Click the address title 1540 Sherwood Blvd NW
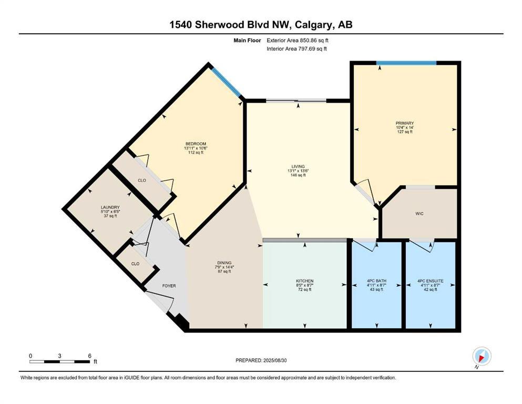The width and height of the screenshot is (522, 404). coord(261,25)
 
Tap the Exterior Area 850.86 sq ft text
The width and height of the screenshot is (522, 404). coord(300,40)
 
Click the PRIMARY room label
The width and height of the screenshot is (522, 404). coord(405,123)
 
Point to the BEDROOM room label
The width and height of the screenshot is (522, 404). coord(195,144)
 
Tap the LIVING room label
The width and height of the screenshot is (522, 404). coord(298,166)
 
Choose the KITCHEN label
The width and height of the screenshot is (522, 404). coord(304,281)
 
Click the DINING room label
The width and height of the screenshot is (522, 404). coord(224,263)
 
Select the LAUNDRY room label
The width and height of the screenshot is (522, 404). coord(110,207)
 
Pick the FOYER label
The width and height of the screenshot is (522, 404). coord(168,286)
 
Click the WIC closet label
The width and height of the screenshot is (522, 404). coord(419,214)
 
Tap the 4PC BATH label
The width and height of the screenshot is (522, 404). coord(376,281)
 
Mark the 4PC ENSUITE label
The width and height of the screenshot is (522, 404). coord(430,281)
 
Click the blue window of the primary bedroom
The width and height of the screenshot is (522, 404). coord(406,63)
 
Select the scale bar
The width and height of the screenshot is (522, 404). coord(59,361)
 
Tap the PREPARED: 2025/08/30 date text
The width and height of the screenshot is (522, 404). coord(261,360)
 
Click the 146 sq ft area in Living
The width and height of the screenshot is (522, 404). coord(298,175)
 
